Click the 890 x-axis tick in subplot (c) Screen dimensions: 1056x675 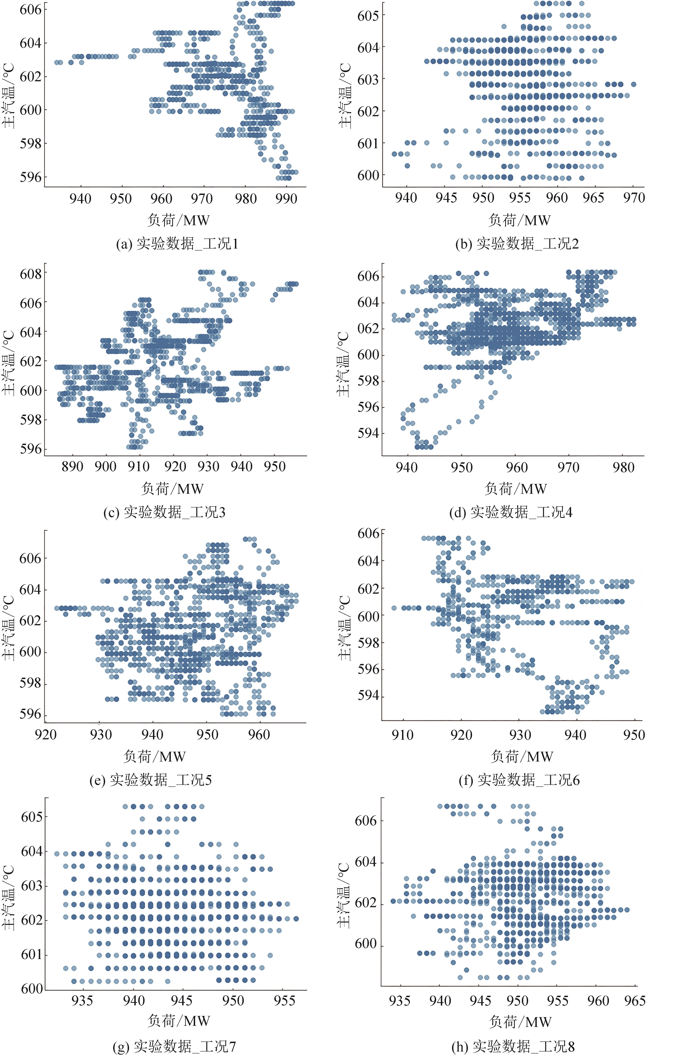pos(72,466)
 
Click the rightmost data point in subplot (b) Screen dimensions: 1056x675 pos(633,84)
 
